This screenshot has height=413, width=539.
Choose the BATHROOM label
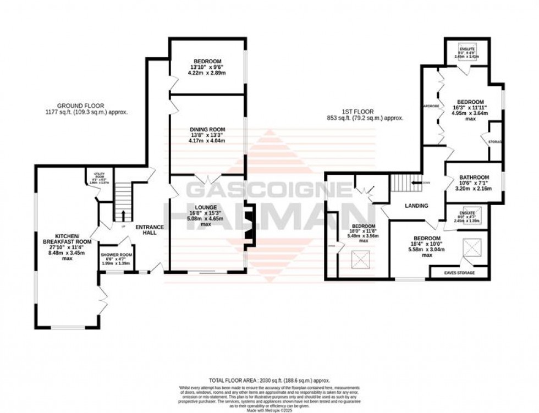(x=474, y=178)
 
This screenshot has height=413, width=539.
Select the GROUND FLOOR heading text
(x=80, y=106)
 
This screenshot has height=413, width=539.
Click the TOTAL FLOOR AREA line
(x=269, y=380)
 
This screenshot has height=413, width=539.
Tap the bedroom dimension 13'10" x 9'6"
(x=207, y=67)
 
